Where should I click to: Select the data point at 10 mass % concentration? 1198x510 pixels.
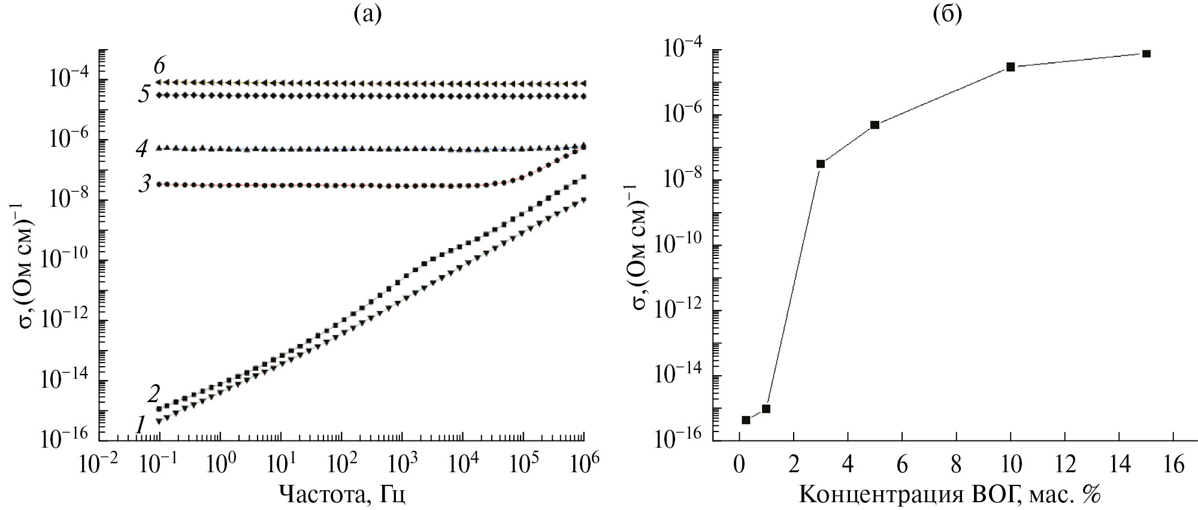pos(1011,67)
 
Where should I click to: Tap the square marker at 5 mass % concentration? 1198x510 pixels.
pos(875,125)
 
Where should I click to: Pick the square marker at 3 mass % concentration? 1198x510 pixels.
pos(821,164)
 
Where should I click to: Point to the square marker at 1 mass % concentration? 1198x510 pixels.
pos(766,409)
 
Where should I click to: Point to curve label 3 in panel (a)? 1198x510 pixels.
pos(144,184)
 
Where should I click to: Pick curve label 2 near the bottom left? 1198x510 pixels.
pos(153,394)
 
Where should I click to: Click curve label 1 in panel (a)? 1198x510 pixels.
pos(140,425)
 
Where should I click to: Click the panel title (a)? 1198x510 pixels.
pos(367,14)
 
